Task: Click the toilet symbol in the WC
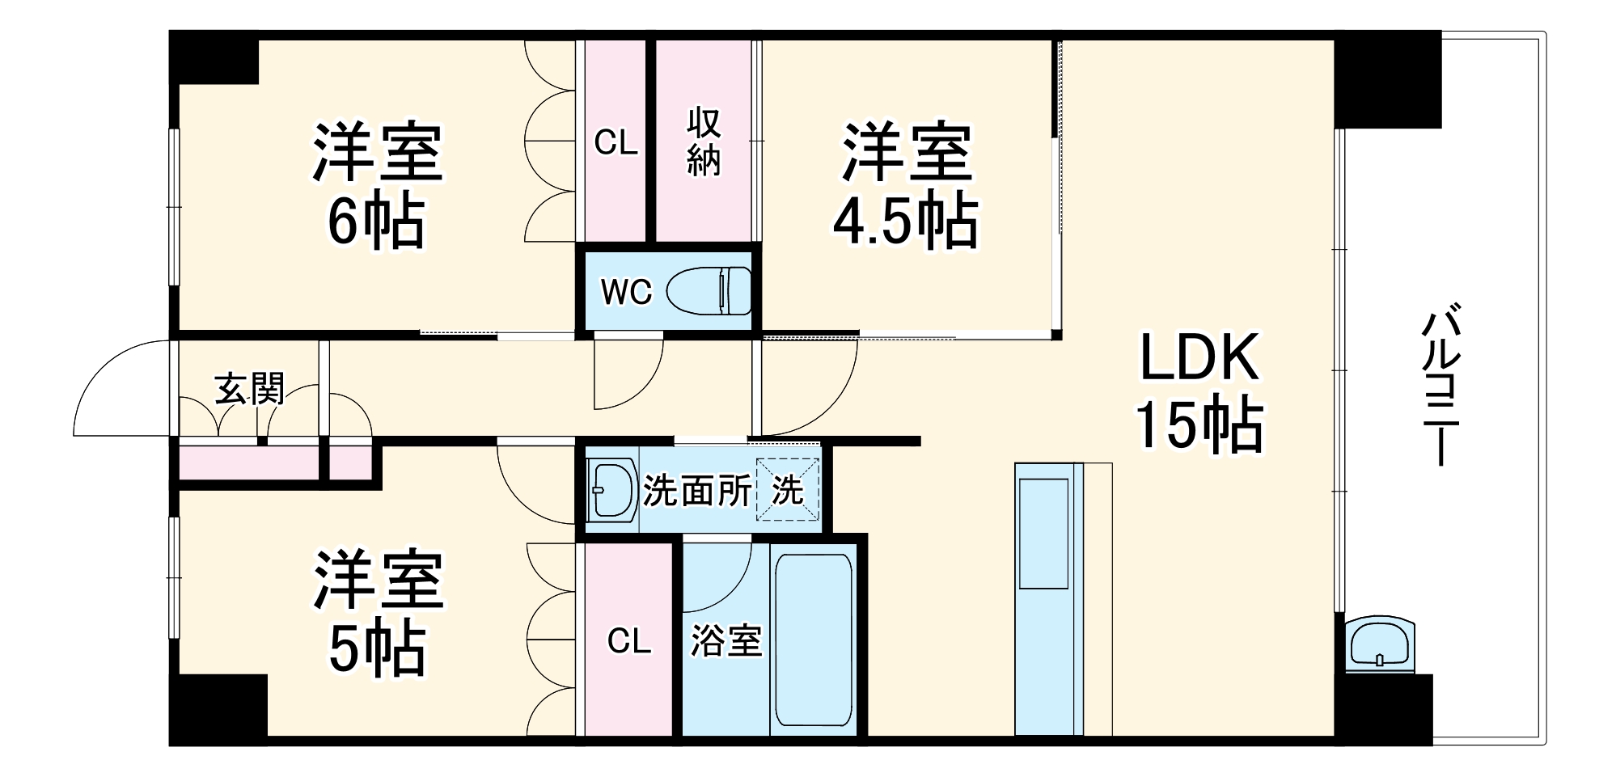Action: (709, 291)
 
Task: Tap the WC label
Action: (626, 292)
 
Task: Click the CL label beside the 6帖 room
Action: (616, 143)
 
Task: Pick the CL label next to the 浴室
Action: (628, 642)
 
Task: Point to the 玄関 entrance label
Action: (249, 389)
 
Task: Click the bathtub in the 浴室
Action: (813, 639)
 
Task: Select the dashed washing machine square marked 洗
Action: (788, 490)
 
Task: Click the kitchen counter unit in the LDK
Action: (1049, 598)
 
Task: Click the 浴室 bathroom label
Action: (726, 642)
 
